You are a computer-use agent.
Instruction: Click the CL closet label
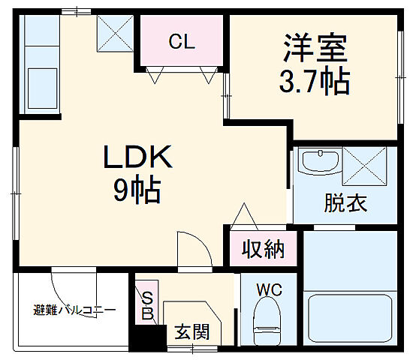[x=181, y=42]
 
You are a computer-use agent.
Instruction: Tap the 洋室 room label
[x=315, y=49]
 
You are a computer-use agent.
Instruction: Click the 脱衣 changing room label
[x=345, y=202]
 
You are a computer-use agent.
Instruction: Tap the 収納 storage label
[x=263, y=250]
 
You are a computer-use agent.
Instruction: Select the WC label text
[x=268, y=288]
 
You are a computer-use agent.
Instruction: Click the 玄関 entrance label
[x=191, y=331]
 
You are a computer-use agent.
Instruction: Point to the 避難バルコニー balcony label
[x=74, y=309]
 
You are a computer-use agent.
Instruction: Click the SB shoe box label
[x=148, y=306]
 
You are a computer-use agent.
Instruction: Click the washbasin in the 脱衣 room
[x=319, y=163]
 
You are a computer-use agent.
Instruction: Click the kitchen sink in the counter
[x=42, y=82]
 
